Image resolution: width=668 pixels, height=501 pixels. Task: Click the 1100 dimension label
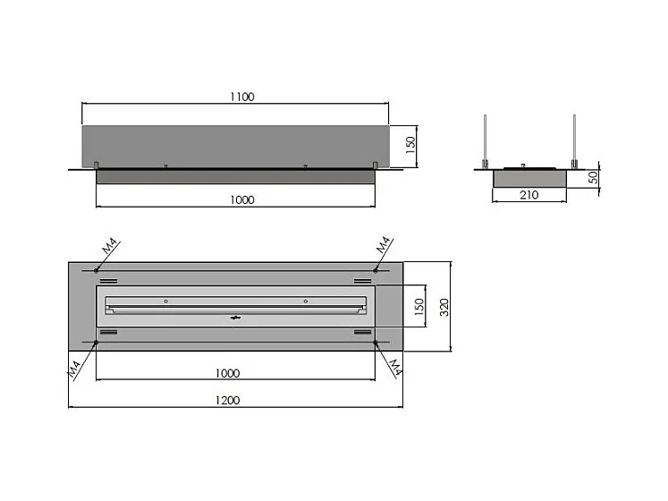point(242,97)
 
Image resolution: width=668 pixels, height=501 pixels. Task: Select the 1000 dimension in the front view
point(242,200)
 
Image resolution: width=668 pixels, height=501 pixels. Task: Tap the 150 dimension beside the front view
point(410,145)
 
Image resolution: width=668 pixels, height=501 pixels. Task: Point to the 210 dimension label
point(529,195)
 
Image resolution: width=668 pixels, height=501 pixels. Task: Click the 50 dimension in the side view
point(593,177)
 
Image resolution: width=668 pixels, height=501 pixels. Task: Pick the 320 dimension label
point(444,308)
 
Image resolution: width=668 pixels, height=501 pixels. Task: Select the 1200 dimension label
point(227,401)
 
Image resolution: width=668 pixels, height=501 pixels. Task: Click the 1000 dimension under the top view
point(227,373)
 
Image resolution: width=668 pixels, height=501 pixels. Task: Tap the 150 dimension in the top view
point(419,307)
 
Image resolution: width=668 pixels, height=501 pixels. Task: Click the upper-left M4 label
point(109,246)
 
